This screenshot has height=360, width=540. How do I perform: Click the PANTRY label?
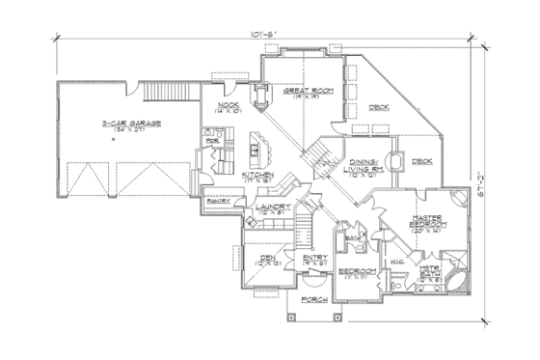(218, 203)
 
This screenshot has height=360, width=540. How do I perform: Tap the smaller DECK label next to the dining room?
(420, 161)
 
